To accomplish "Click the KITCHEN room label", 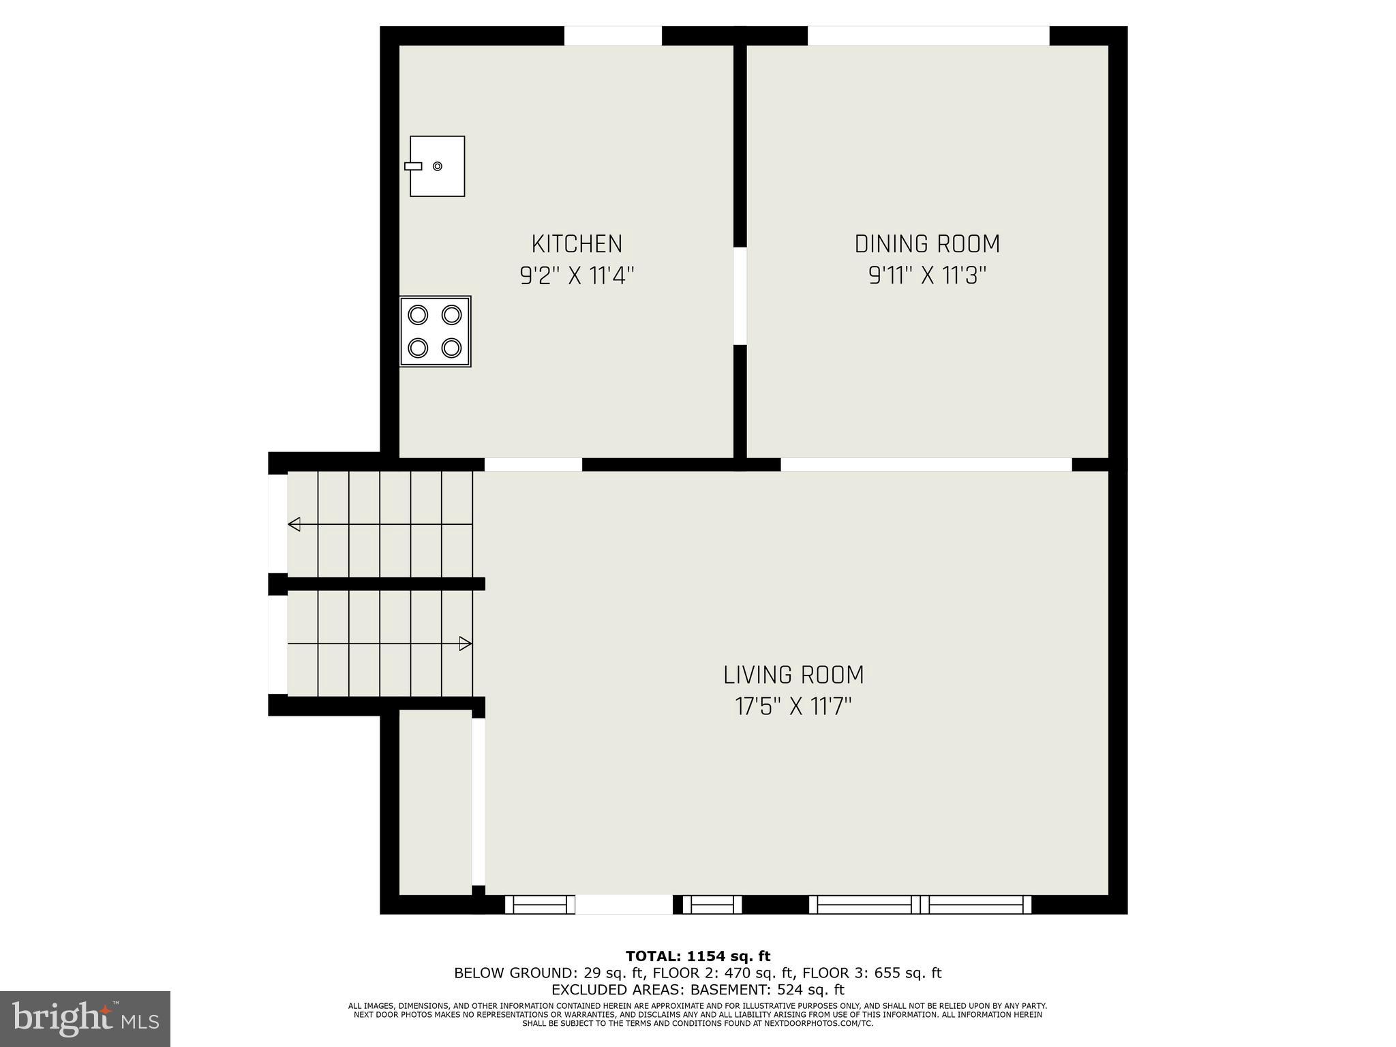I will coord(577,243).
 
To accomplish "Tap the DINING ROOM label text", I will coord(927,243).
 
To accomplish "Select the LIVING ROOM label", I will coord(793,675).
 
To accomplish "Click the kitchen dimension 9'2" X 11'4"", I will coord(577,276).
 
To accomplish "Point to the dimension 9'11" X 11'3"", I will coord(927,276).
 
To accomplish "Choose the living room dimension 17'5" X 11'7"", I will coord(793,707).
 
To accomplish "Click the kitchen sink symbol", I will coord(437,166).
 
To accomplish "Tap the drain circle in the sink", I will coord(438,166).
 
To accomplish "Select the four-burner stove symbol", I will coord(435,331).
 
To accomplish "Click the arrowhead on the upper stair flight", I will coord(294,524).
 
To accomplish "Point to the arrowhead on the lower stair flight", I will coord(465,643).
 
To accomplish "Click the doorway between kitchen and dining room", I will coord(740,296).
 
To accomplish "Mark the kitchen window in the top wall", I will coord(613,35).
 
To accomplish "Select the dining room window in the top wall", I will coord(928,35).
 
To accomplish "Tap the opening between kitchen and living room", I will coord(533,464).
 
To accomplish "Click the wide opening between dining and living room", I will coord(926,464).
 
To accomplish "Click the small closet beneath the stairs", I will coord(435,802).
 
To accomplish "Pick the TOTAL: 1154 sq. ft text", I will coord(698,956).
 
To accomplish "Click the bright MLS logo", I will coord(85,1018).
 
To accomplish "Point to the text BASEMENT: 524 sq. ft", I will coord(767,990).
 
